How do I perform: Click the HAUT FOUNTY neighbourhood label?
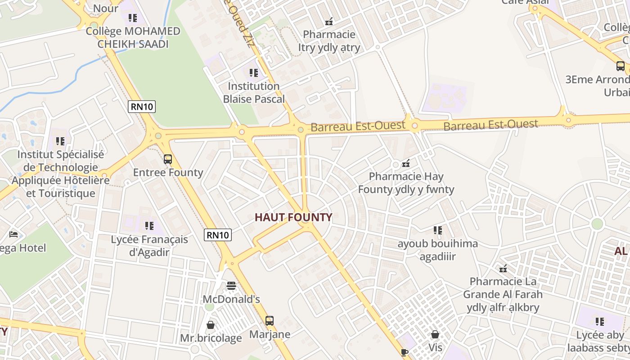click(293, 217)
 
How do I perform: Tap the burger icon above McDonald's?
click(231, 285)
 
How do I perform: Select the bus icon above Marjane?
click(269, 321)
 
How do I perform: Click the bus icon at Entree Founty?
click(168, 159)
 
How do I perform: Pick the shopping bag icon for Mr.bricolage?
click(210, 324)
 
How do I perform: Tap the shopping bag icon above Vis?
click(435, 334)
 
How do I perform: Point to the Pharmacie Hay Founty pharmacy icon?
click(406, 163)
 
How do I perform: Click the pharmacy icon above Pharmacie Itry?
click(329, 21)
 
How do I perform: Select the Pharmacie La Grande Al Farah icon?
click(503, 269)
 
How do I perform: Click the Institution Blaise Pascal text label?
click(254, 92)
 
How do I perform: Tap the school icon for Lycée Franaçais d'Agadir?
click(149, 225)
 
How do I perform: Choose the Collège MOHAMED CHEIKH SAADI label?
click(133, 37)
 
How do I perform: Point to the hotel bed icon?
click(13, 234)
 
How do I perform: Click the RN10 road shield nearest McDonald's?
click(218, 234)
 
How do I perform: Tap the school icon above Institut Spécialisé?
click(60, 141)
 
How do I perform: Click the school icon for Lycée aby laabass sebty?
click(600, 321)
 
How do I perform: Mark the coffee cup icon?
click(404, 352)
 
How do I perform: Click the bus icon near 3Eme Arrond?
click(621, 66)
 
